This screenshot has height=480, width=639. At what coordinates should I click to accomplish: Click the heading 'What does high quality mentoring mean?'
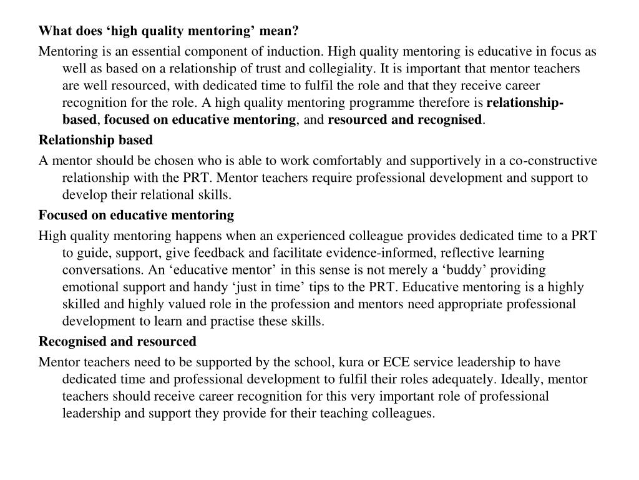[168, 31]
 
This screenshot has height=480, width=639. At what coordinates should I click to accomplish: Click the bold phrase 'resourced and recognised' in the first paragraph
[405, 119]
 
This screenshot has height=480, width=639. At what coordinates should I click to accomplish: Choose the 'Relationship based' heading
[95, 140]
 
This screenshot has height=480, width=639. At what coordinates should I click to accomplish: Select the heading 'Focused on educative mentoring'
[136, 216]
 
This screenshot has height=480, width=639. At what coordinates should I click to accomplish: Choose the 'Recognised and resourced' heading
[117, 342]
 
